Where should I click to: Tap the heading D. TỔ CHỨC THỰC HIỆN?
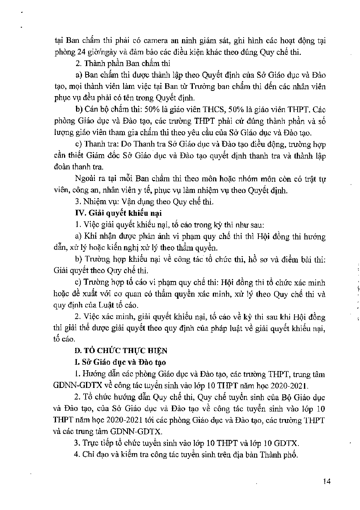pyautogui.click(x=122, y=350)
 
